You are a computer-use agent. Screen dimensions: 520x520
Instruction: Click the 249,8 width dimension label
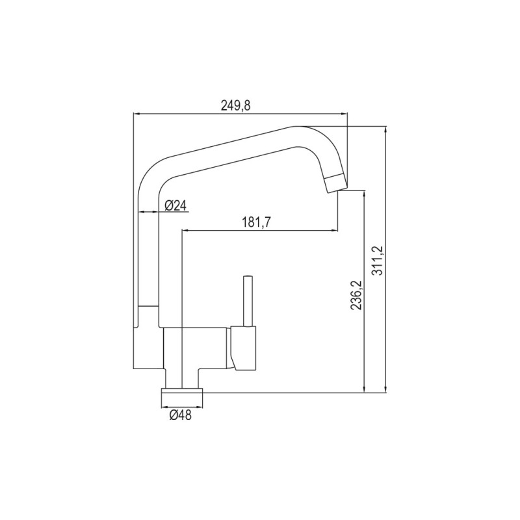click(236, 105)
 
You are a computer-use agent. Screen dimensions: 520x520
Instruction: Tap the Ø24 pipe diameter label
click(175, 206)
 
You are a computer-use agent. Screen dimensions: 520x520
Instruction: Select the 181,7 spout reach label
click(256, 222)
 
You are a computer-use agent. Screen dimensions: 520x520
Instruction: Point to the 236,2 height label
click(356, 295)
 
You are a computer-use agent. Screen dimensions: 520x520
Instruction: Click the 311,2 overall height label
click(378, 261)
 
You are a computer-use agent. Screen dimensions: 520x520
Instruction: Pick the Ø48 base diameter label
click(181, 415)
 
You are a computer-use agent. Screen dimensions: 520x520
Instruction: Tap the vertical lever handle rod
click(248, 301)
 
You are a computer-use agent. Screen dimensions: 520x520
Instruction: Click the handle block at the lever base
click(244, 348)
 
